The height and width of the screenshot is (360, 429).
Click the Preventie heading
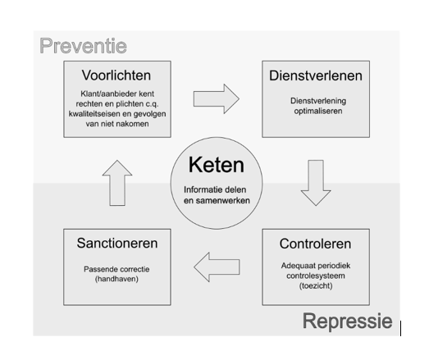point(83,46)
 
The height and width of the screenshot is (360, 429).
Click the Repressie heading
point(348,321)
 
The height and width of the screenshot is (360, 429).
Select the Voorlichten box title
point(116,75)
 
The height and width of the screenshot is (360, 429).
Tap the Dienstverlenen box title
point(316,75)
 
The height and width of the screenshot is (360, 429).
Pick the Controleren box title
point(315,244)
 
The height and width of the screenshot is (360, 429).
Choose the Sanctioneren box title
point(117,243)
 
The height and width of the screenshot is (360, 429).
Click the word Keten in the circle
point(217,165)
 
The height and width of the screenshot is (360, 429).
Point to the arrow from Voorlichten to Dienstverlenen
point(217,98)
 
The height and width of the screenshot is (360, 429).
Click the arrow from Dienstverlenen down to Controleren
point(316,183)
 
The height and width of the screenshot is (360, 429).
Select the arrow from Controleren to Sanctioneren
point(217,267)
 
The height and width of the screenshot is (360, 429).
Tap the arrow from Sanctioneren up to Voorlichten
point(117,183)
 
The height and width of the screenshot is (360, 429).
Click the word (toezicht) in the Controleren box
point(316,286)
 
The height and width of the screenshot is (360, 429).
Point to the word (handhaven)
point(116,279)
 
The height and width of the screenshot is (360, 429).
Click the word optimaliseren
point(318,111)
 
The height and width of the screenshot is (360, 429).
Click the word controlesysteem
point(316,276)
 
